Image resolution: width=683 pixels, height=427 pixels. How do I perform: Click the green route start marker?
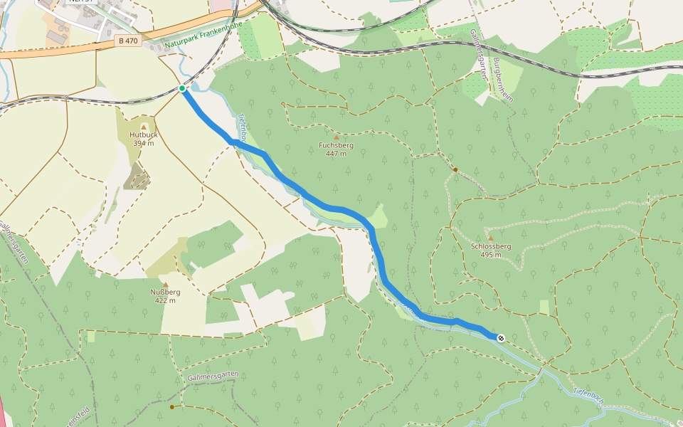pos(183,88)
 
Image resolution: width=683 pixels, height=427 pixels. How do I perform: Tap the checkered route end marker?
pos(501,338)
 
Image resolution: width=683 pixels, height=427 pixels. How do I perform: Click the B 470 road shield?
pos(128,41)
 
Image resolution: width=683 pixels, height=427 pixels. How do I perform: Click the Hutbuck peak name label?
pos(143,135)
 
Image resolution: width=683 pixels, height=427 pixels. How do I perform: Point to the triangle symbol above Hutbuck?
pos(143,126)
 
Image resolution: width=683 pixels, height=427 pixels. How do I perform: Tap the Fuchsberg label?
pos(336,145)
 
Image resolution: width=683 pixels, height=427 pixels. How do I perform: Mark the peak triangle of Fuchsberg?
pos(336,137)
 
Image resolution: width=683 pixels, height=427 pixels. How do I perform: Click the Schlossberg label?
pos(491,246)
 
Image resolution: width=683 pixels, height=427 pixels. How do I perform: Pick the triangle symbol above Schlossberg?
pos(490,238)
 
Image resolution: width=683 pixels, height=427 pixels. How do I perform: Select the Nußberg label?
pos(165,292)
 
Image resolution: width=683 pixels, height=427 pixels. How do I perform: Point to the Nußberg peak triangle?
pos(165,284)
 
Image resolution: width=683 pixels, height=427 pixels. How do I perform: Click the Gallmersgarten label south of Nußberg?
pos(213,375)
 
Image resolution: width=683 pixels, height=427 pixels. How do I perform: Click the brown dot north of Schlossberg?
pos(455,169)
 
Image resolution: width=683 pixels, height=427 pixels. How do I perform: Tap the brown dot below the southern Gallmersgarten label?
pos(172,407)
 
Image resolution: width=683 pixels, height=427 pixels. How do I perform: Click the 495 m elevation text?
pos(491,255)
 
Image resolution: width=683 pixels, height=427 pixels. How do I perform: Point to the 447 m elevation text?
pos(336,154)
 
